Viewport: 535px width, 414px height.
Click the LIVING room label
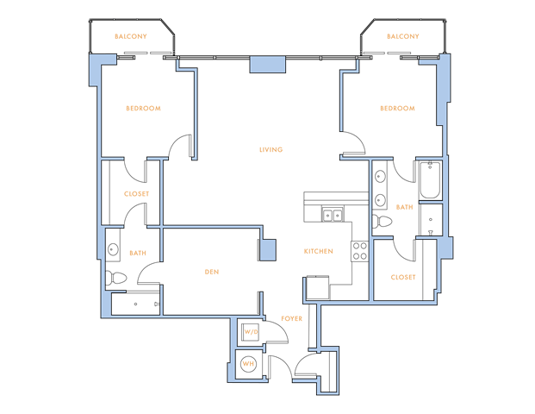[271, 149]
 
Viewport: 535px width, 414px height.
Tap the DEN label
[212, 272]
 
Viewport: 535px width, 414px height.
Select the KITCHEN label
[319, 251]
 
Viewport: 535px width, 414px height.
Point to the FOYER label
[292, 319]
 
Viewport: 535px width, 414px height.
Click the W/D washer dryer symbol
[251, 331]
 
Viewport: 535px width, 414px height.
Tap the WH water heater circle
[248, 364]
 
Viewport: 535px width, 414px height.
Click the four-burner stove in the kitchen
[359, 251]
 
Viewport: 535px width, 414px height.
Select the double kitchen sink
[333, 216]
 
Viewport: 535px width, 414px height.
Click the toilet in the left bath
[115, 278]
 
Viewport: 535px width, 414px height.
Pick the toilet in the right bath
[382, 222]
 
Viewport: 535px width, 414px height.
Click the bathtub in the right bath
[430, 180]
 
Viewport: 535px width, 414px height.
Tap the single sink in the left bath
[113, 249]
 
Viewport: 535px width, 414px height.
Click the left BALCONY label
[131, 36]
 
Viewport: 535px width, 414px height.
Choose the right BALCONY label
[403, 36]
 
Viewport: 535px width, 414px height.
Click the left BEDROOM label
[143, 109]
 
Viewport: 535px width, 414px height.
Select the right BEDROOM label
[397, 109]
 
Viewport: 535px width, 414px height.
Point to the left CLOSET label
[136, 194]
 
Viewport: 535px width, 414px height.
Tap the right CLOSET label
[403, 278]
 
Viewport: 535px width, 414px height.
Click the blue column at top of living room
[267, 65]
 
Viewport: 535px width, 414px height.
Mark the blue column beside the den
[268, 250]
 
